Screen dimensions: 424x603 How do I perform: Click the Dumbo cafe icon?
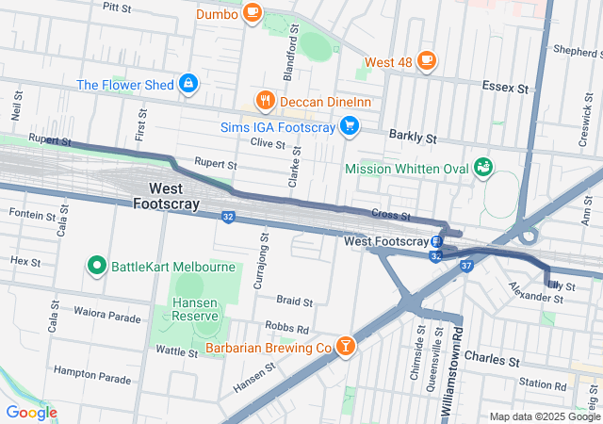[x=251, y=13]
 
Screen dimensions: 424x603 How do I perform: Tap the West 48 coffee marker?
[x=426, y=61]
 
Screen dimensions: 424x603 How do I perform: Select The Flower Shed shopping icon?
[x=188, y=84]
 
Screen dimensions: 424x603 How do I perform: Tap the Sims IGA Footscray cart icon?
[x=350, y=125]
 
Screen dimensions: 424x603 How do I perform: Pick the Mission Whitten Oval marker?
[x=484, y=168]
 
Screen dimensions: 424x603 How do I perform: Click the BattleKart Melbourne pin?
[x=96, y=266]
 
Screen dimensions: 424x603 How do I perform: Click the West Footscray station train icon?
[x=437, y=241]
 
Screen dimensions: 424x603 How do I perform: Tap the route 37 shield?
[x=466, y=266]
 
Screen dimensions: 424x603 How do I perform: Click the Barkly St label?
[x=418, y=138]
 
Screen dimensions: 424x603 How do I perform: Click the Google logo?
[x=31, y=412]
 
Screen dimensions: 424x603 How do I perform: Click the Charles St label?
[x=492, y=360]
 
